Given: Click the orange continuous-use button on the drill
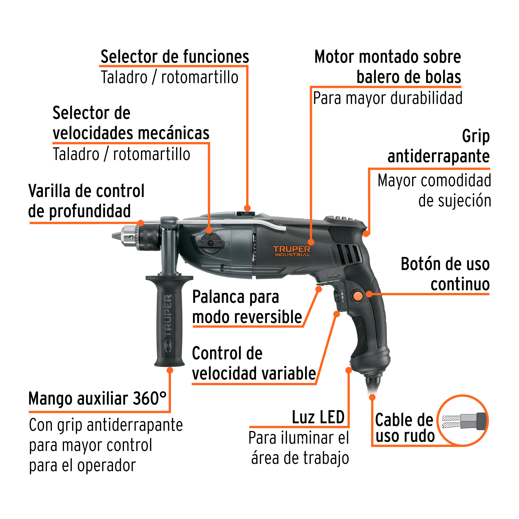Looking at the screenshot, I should point(358,296).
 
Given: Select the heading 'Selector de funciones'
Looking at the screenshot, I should point(175,57).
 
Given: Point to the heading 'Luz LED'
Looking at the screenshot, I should point(318,417).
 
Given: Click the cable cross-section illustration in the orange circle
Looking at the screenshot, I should point(462,421).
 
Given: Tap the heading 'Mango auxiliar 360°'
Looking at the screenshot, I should point(97,399).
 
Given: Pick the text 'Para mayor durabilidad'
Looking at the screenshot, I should point(388,98).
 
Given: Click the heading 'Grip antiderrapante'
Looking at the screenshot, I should point(438,146).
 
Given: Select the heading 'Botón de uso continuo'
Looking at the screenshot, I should point(445,274).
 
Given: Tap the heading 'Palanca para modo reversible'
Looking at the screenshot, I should point(247,307).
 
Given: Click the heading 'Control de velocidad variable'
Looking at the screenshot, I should point(254,363).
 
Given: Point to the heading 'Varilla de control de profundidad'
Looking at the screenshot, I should point(86,201).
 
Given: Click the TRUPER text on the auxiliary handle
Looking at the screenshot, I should point(168,323).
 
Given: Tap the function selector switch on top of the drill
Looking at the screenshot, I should point(246,214).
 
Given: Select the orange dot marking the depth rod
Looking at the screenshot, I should point(141,223).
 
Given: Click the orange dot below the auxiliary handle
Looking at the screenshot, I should point(170,370).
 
